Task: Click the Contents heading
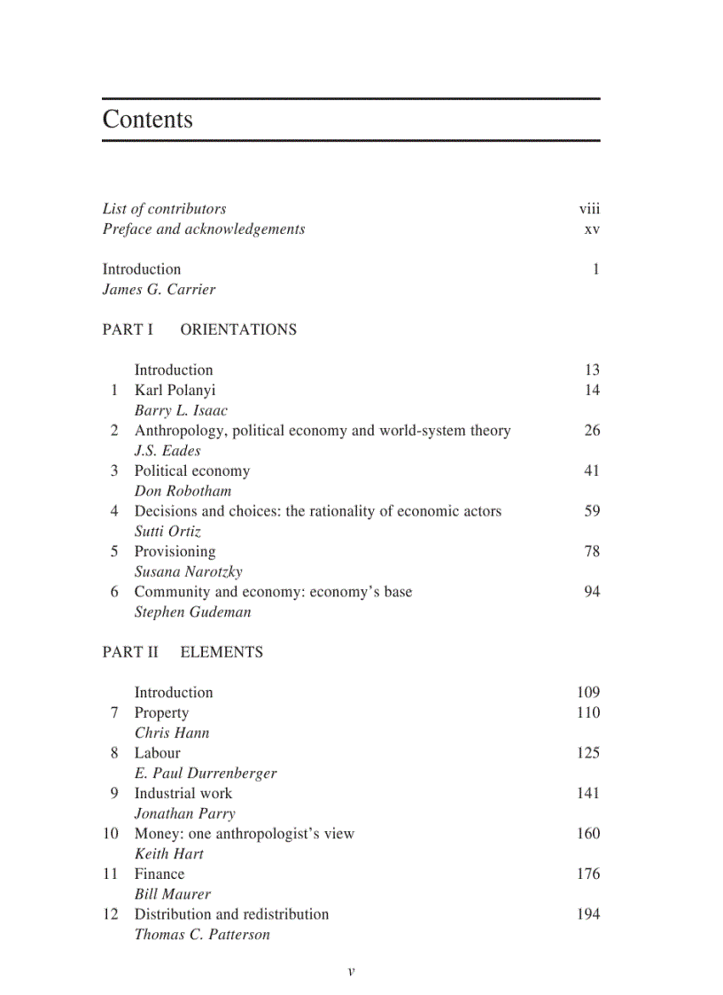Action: click(x=147, y=120)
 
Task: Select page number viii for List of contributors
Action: click(x=589, y=209)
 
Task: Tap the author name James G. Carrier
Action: click(x=159, y=290)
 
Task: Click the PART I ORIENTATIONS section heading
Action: click(x=199, y=330)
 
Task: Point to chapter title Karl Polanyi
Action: click(x=175, y=390)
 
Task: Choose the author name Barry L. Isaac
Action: click(x=181, y=410)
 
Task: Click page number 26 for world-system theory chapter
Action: click(x=592, y=431)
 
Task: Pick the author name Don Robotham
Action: click(x=183, y=491)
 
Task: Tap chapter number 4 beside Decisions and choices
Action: click(x=114, y=511)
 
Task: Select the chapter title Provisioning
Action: click(x=175, y=551)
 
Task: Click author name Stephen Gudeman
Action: click(x=192, y=612)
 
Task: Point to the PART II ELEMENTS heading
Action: click(x=183, y=652)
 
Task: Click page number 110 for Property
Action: click(x=587, y=712)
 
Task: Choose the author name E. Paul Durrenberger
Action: click(x=206, y=773)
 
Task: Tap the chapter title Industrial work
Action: click(x=183, y=793)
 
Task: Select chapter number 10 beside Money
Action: click(x=111, y=834)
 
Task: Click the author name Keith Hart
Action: click(x=168, y=854)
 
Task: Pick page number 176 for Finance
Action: click(x=587, y=874)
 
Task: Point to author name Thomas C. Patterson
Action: click(x=202, y=935)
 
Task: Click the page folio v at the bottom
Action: click(x=351, y=971)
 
